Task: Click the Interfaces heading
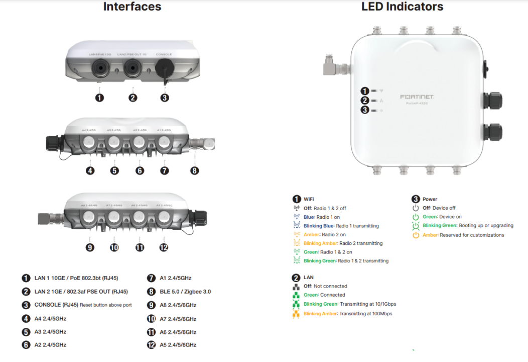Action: tap(132, 7)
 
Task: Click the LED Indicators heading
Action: tap(402, 7)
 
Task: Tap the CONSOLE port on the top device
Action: tap(164, 68)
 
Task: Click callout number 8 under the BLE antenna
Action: tap(195, 170)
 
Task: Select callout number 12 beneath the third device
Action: tap(164, 247)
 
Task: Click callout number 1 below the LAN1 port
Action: tap(99, 98)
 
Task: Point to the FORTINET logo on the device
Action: tap(417, 96)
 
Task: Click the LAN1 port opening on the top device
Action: tap(99, 68)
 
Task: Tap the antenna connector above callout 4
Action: tap(90, 143)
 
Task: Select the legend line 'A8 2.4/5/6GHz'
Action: tap(178, 305)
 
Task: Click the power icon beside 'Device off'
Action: tap(416, 208)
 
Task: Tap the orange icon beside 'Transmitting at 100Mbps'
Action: tap(296, 314)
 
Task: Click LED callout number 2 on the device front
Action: tap(365, 101)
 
